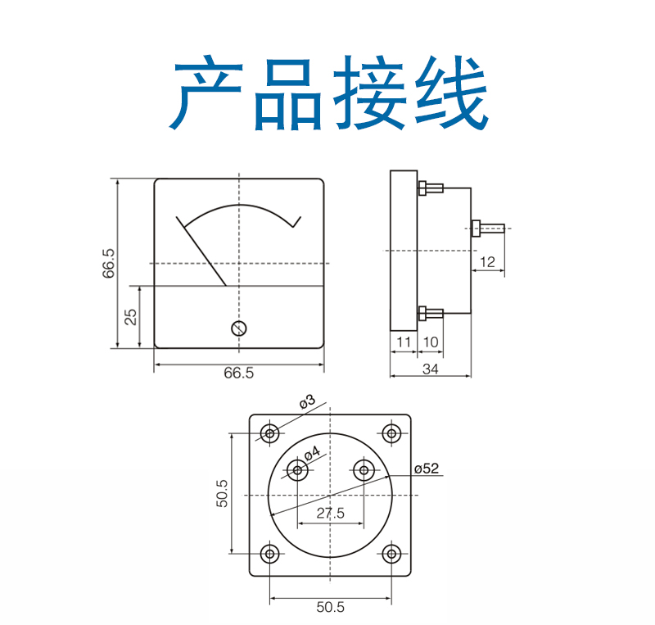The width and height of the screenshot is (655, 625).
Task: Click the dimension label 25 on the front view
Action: [x=131, y=317]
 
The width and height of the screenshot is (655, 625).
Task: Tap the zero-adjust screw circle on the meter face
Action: [x=239, y=328]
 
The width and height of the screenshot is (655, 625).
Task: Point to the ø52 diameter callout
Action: [x=427, y=469]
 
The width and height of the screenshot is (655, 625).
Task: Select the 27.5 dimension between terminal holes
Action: [x=331, y=513]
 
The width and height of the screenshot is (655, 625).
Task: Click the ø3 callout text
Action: [x=307, y=401]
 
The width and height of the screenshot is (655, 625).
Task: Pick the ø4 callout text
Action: [x=312, y=453]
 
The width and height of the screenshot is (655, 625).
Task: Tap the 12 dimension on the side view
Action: [x=487, y=262]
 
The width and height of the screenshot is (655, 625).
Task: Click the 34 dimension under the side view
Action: [x=431, y=369]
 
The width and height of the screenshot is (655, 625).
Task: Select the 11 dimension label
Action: [x=404, y=342]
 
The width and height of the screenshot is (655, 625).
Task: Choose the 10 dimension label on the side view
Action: [x=431, y=342]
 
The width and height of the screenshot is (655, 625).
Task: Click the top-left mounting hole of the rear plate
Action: [x=270, y=433]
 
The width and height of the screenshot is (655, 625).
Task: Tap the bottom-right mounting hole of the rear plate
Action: [x=391, y=554]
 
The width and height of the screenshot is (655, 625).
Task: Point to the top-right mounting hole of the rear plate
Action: [x=391, y=433]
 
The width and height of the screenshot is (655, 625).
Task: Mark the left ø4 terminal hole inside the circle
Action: [x=297, y=470]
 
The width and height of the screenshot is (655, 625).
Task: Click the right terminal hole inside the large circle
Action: [x=364, y=470]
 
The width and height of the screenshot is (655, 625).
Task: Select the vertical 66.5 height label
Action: [x=108, y=264]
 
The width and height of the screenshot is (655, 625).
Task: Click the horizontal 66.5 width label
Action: [x=238, y=373]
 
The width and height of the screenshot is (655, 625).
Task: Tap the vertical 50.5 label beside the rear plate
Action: [x=222, y=493]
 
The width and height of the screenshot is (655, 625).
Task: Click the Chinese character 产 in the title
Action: [x=206, y=93]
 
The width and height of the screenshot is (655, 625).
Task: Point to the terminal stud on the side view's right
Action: [x=487, y=229]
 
